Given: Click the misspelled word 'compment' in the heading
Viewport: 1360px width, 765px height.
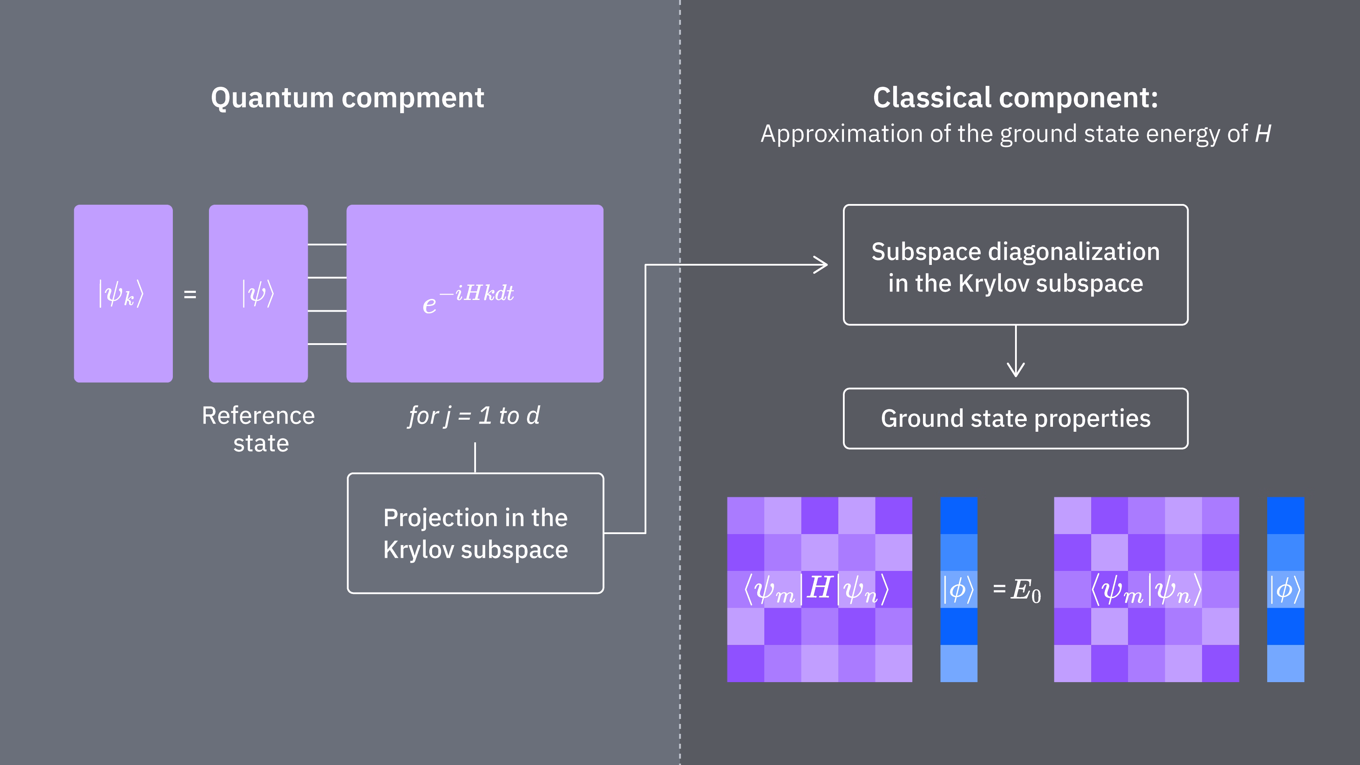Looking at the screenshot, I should [x=413, y=98].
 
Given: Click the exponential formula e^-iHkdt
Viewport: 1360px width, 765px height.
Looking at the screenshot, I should [x=468, y=298].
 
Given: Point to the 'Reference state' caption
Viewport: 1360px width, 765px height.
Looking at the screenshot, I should [x=259, y=429].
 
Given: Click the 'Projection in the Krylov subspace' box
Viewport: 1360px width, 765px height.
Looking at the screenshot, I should [x=475, y=533].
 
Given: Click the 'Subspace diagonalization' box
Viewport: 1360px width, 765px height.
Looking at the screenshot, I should [x=1015, y=265].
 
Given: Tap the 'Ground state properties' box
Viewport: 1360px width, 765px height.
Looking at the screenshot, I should [x=1015, y=418].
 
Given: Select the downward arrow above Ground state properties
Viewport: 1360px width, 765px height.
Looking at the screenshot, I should [x=1016, y=364].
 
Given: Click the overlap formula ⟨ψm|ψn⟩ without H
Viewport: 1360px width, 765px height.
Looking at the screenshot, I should [x=1146, y=590].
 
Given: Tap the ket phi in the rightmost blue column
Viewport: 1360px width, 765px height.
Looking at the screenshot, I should [x=1285, y=589].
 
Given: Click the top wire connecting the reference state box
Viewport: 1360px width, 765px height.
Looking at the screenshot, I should [x=327, y=244].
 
